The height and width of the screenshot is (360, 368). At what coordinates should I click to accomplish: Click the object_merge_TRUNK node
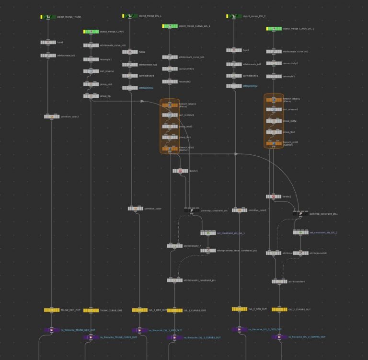[48, 17]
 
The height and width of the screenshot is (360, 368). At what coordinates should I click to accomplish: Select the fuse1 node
[48, 42]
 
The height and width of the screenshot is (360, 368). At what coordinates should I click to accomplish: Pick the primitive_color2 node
[52, 116]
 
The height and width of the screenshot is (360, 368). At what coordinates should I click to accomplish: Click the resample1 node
[91, 59]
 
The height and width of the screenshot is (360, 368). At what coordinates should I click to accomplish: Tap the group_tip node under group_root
[91, 96]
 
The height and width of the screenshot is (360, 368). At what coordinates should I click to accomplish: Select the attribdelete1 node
[130, 88]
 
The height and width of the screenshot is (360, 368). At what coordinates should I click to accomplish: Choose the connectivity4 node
[130, 76]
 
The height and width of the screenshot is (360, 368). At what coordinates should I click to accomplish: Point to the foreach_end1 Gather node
[170, 148]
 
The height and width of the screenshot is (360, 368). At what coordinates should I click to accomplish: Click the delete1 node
[180, 171]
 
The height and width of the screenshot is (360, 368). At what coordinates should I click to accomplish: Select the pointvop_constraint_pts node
[192, 210]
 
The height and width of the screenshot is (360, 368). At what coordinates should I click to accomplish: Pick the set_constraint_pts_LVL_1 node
[208, 233]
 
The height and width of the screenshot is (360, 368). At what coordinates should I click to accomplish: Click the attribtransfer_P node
[174, 245]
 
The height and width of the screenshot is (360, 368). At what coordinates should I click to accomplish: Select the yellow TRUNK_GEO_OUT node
[52, 310]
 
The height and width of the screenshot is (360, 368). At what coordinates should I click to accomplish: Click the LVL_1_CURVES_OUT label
[195, 311]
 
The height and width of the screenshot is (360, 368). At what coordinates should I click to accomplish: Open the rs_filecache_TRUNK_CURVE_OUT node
[91, 337]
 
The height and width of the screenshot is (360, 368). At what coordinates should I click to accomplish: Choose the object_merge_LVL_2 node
[234, 16]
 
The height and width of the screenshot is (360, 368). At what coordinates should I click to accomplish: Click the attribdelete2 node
[234, 86]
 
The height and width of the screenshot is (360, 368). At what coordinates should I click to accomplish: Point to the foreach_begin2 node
[274, 100]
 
